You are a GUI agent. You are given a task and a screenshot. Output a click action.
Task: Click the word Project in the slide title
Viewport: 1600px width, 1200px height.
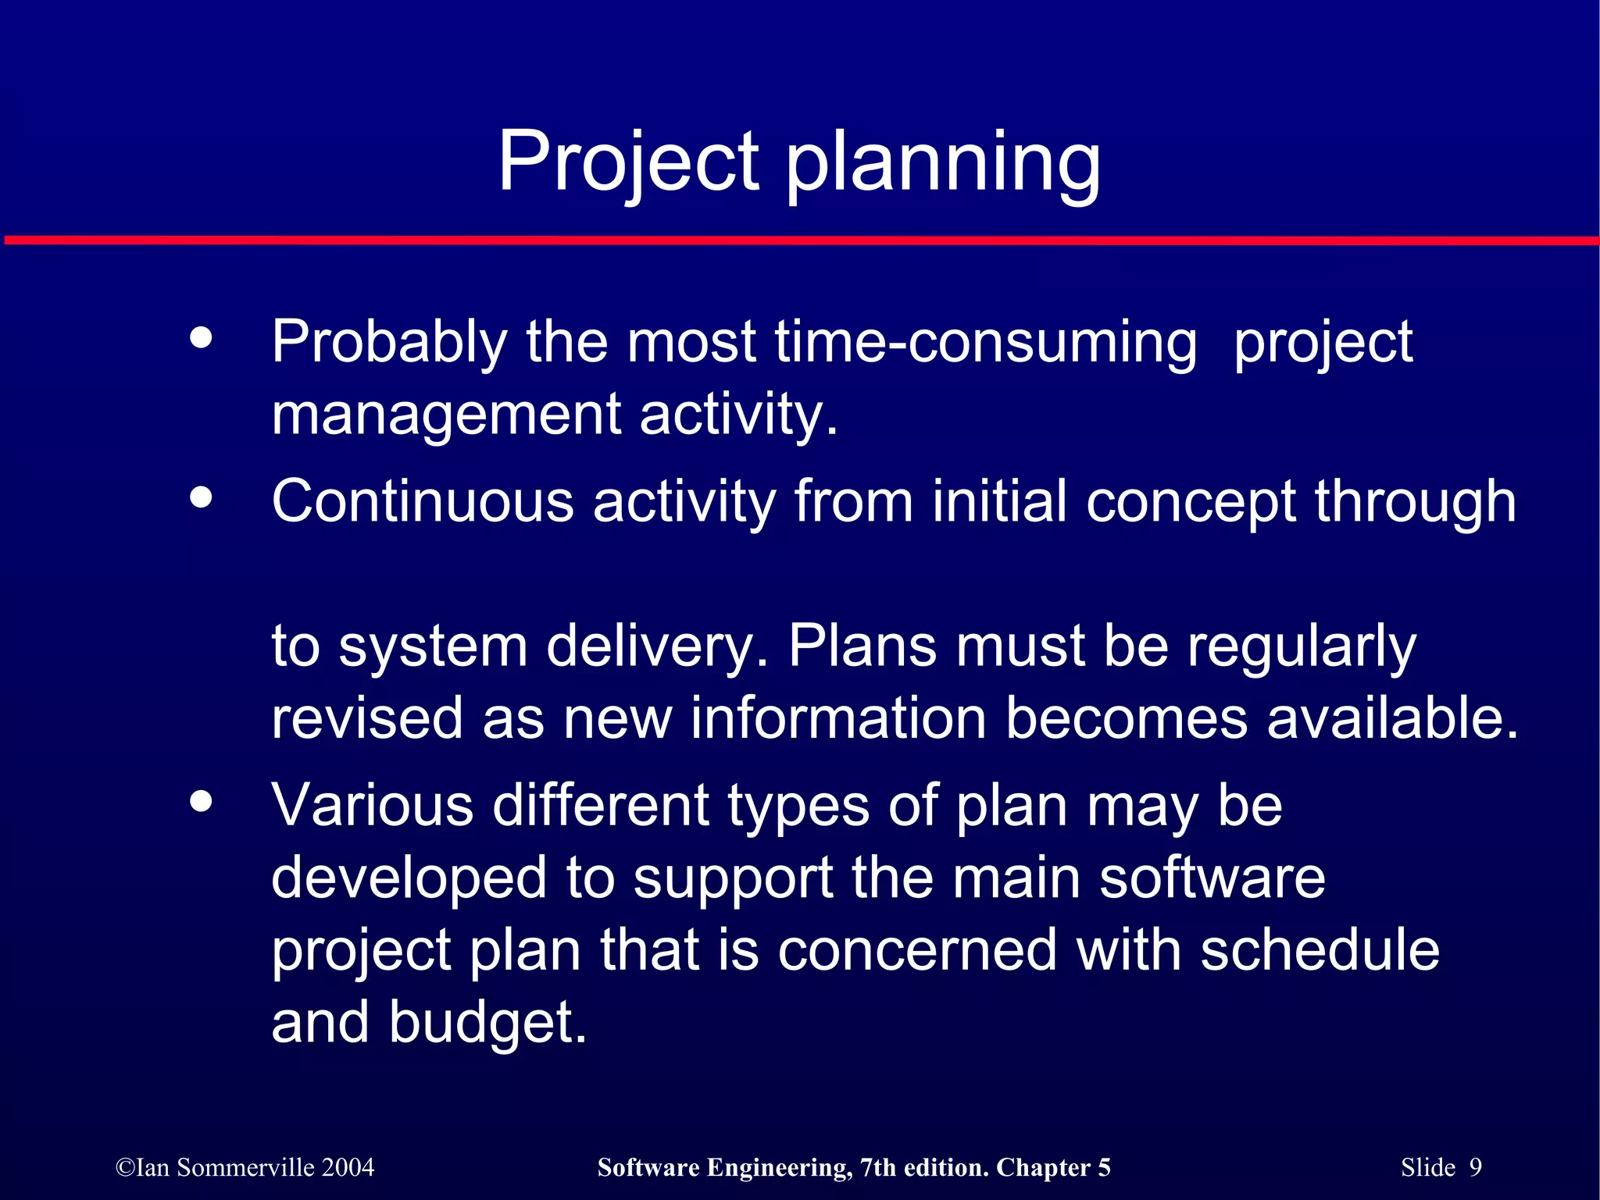(628, 162)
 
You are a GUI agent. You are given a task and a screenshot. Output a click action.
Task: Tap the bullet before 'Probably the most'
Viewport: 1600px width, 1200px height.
(202, 338)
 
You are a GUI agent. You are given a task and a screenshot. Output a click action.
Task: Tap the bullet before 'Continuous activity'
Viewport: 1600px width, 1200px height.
(202, 497)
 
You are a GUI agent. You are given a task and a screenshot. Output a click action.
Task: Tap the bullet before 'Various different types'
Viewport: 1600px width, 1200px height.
(202, 802)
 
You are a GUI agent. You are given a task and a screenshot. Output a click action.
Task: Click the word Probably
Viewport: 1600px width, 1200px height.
(389, 344)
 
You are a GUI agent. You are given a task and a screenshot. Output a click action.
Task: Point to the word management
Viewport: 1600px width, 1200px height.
(446, 415)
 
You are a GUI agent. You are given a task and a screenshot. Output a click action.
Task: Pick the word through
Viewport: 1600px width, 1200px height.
(1415, 503)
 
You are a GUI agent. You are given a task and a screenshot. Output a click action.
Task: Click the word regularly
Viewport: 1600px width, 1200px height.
(1301, 649)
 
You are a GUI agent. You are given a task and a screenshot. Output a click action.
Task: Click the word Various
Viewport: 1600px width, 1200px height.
(373, 806)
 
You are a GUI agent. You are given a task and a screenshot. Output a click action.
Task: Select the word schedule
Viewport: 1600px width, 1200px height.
(1320, 950)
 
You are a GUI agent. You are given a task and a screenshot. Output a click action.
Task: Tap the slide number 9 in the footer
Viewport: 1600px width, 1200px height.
(1475, 1167)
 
